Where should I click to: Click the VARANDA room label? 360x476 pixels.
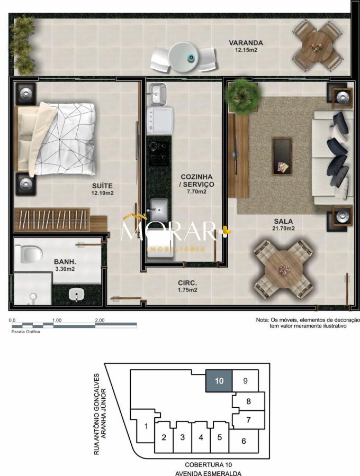246,43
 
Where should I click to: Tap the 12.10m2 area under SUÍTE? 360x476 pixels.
102,193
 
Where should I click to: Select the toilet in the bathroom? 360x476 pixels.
29,254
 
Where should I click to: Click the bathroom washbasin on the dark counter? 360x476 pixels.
76,295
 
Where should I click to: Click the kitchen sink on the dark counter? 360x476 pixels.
157,209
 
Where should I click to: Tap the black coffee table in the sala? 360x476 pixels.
282,156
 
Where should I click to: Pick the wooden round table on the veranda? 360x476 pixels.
318,46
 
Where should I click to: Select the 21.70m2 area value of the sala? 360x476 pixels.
283,228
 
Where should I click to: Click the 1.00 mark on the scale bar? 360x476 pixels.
57,321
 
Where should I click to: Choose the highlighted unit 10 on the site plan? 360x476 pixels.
219,380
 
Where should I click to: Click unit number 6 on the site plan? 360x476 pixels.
244,441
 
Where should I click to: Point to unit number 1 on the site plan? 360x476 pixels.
146,426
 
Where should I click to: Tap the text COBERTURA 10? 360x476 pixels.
209,464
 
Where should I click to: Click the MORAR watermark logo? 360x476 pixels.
172,231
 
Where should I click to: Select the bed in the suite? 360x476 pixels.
57,139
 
